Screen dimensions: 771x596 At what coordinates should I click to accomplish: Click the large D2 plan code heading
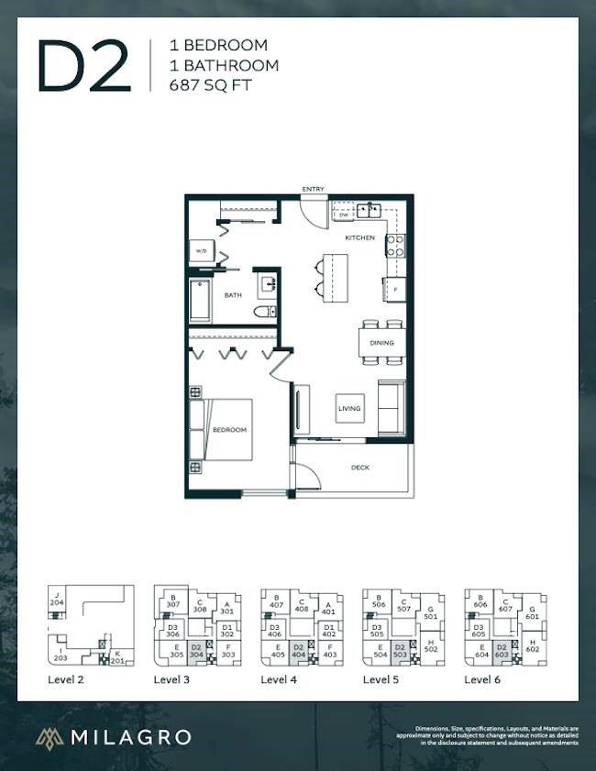[81, 66]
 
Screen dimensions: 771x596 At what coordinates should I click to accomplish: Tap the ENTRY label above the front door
[314, 190]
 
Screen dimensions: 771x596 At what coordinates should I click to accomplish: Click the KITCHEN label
[359, 237]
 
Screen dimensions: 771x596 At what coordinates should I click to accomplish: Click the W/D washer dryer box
[201, 252]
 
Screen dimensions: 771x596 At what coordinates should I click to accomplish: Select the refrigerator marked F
[394, 290]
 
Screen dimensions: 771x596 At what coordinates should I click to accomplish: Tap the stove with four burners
[395, 246]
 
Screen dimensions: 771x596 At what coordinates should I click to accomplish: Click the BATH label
[234, 295]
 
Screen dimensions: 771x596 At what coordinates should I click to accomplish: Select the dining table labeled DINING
[381, 343]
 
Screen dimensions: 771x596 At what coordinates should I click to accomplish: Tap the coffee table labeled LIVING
[349, 408]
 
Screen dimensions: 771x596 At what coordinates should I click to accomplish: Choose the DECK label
[360, 468]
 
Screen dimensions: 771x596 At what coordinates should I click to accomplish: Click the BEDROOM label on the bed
[229, 430]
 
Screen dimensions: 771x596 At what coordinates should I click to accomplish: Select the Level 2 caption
[67, 680]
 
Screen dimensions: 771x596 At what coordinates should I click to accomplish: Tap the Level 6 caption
[483, 680]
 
